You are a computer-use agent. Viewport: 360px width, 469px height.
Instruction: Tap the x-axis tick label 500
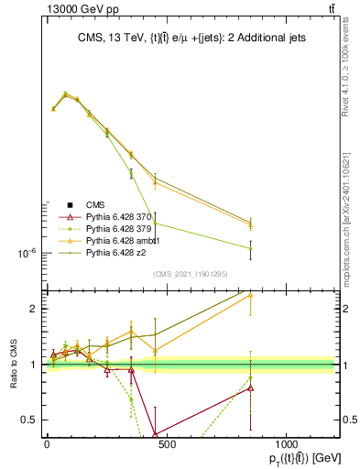pyautogui.click(x=166, y=443)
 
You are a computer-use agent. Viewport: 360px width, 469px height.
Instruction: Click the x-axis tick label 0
pyautogui.click(x=47, y=443)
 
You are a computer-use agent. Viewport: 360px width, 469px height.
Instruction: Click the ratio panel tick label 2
pyautogui.click(x=31, y=309)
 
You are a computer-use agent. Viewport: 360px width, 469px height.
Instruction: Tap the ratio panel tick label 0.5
pyautogui.click(x=27, y=420)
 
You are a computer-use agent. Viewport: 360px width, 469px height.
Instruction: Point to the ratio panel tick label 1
pyautogui.click(x=31, y=365)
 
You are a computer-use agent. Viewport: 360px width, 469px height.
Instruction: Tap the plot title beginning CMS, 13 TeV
pyautogui.click(x=190, y=38)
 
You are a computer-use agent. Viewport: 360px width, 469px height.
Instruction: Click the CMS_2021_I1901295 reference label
pyautogui.click(x=190, y=274)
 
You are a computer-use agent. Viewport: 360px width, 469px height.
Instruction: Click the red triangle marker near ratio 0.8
pyautogui.click(x=250, y=387)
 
